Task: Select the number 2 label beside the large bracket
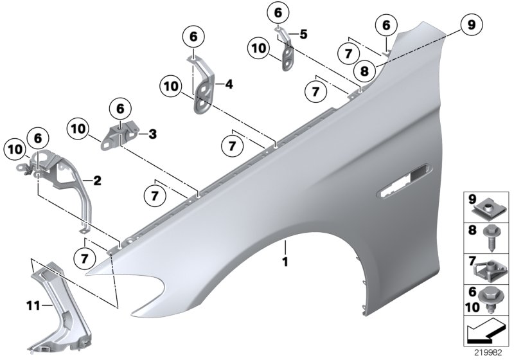97,181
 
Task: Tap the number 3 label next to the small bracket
152,134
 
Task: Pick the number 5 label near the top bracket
304,34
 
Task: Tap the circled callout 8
363,71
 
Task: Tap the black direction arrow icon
486,333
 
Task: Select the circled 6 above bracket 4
193,37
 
